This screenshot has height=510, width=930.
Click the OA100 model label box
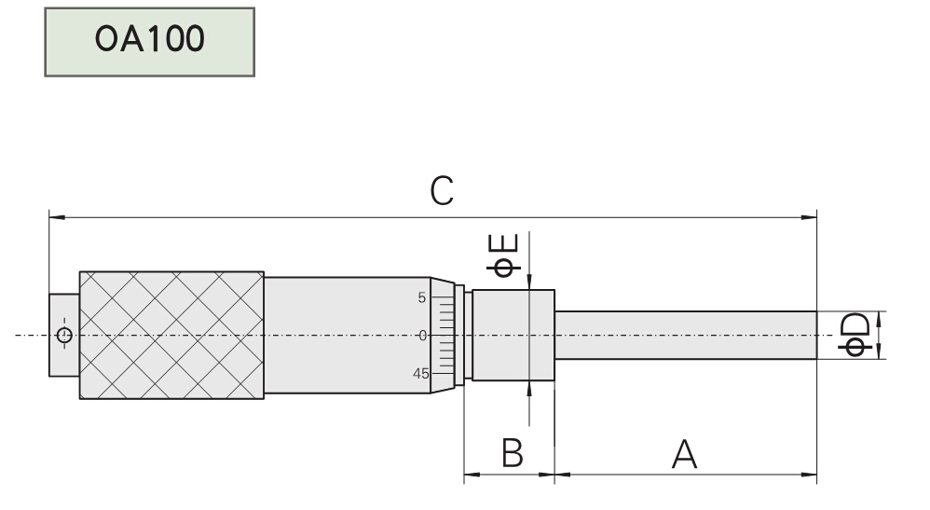pos(149,42)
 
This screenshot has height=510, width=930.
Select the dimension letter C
pos(442,191)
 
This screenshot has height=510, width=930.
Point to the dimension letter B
pos(512,455)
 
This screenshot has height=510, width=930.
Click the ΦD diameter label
pos(855,336)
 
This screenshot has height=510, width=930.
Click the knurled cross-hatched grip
pos(171,335)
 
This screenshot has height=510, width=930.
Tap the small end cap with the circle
pos(64,336)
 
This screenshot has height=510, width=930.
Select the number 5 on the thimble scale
pos(422,298)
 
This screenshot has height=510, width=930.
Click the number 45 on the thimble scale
pos(420,373)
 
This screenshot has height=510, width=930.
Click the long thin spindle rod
pos(685,336)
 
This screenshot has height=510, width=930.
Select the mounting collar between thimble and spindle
pos(513,335)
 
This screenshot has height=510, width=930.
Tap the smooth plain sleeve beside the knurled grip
pos(346,335)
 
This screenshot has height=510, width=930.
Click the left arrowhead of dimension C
pos(54,218)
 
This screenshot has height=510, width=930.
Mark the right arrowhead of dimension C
pos(811,218)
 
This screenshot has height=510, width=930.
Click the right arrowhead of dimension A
pos(811,475)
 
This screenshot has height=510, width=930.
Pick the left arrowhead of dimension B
pos(470,475)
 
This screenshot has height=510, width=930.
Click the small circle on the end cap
pos(64,336)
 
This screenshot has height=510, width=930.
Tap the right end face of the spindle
pos(815,336)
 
